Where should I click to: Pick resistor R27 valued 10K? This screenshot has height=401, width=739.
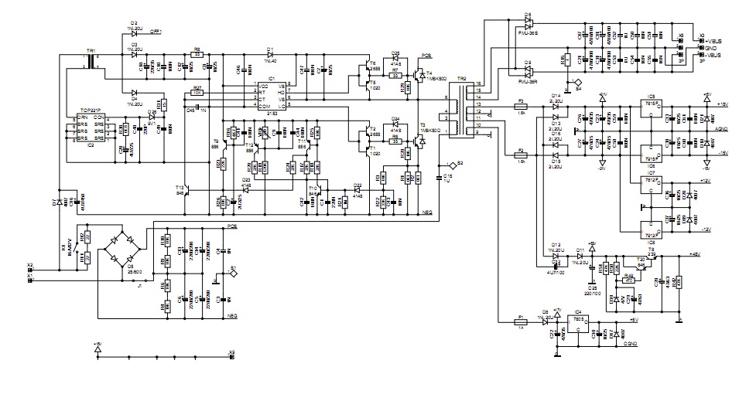tap(197, 93)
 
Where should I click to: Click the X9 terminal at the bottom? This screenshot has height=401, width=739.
tap(231, 357)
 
